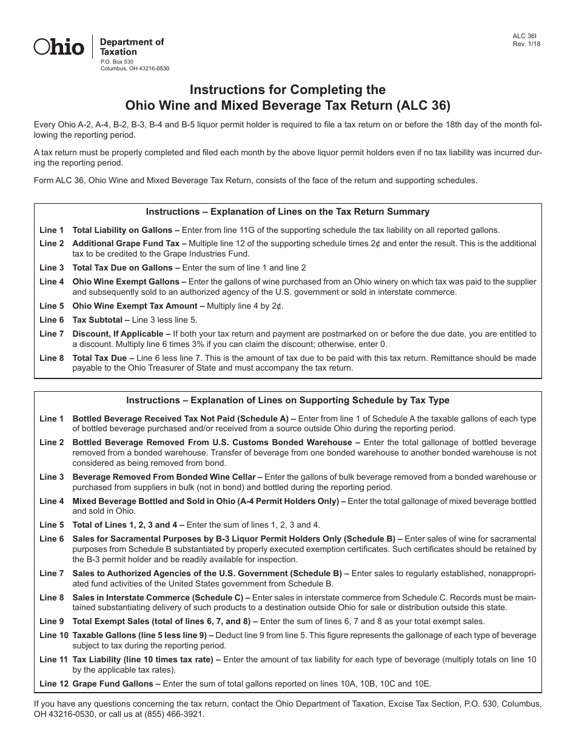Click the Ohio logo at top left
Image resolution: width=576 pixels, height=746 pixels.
point(58,47)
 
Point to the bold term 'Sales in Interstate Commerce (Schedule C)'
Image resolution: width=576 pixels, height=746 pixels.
point(158,597)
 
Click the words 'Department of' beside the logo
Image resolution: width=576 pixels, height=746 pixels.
point(132,42)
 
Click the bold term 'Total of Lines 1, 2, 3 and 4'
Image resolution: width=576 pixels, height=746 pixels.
point(129,525)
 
